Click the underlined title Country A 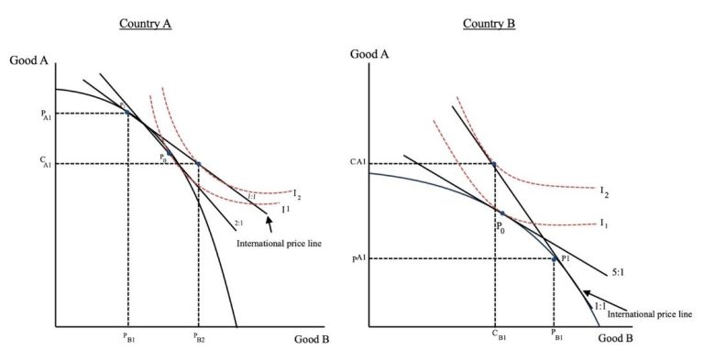145,23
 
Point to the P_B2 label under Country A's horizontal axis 199,337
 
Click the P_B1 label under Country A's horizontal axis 127,337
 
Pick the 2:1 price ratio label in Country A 238,223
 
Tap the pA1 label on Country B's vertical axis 360,259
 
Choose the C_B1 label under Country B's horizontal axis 495,335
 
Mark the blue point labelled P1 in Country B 554,259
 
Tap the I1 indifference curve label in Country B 603,224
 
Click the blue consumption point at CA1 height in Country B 494,164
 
